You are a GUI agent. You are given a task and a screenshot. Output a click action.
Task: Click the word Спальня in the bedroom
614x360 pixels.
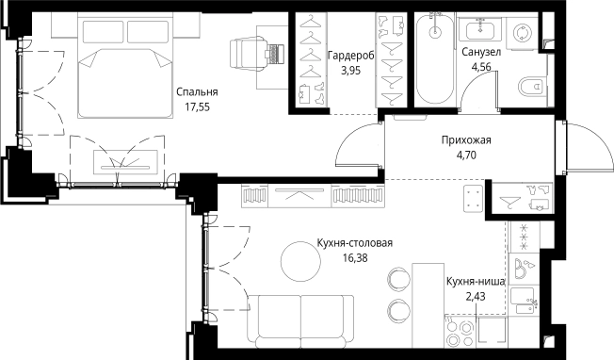197,92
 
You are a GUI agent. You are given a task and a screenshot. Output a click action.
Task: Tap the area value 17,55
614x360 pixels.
197,108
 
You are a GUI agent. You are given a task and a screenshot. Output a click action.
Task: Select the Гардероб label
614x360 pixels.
351,56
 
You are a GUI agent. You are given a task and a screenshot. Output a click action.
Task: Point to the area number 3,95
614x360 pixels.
351,71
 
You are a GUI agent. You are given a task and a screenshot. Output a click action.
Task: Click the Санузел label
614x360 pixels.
480,54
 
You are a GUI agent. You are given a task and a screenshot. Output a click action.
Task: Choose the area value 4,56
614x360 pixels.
480,68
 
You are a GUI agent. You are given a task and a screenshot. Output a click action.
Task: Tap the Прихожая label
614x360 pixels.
467,141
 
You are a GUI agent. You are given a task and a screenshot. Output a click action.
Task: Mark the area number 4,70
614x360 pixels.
467,156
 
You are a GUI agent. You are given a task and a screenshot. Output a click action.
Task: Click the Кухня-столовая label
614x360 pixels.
353,242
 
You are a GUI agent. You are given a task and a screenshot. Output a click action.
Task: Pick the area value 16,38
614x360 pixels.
353,256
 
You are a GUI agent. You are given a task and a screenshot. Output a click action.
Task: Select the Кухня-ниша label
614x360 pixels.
476,281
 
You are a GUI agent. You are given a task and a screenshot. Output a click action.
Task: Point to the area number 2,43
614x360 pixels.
476,296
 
